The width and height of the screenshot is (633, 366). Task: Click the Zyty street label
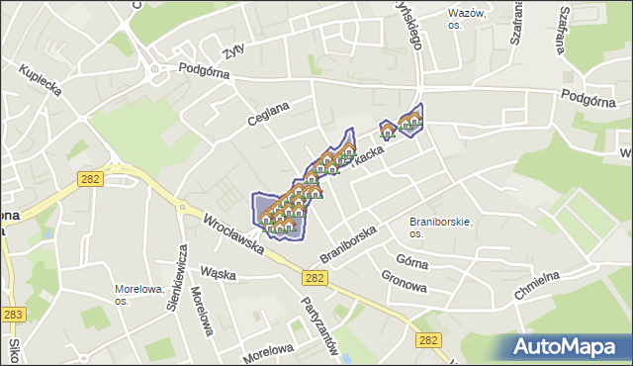click(233, 50)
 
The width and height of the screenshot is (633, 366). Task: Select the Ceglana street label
click(268, 113)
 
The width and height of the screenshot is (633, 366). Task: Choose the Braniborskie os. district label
click(441, 228)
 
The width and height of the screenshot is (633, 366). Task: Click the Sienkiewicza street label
click(178, 279)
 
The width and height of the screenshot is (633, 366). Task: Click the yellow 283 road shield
click(13, 315)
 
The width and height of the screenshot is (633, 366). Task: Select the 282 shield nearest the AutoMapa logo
click(427, 339)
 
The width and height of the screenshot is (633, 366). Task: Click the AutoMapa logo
click(567, 347)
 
